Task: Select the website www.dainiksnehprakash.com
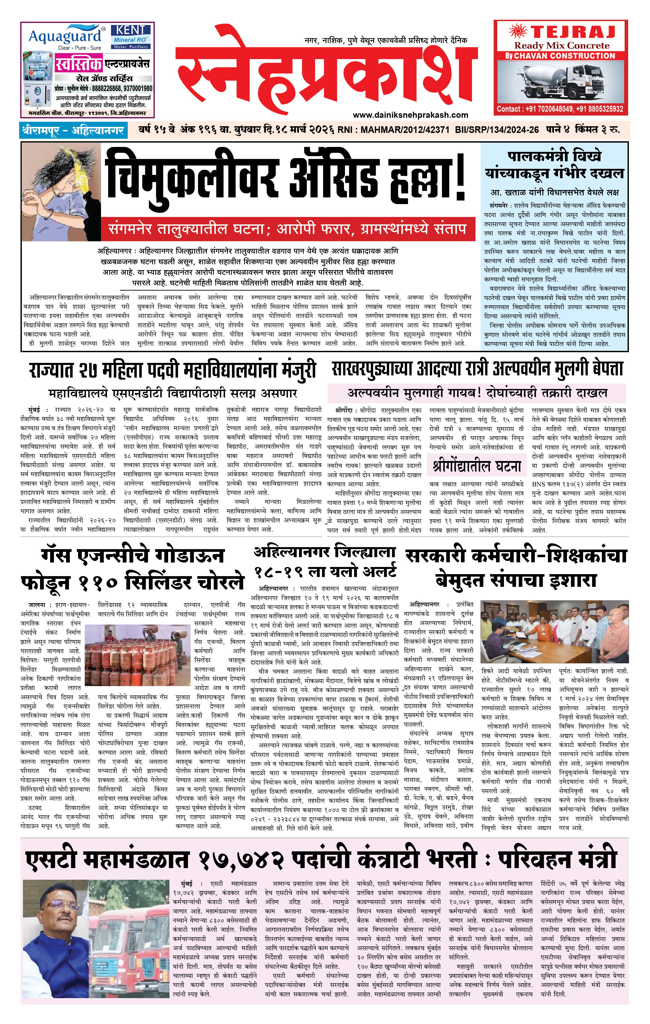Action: pyautogui.click(x=410, y=115)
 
